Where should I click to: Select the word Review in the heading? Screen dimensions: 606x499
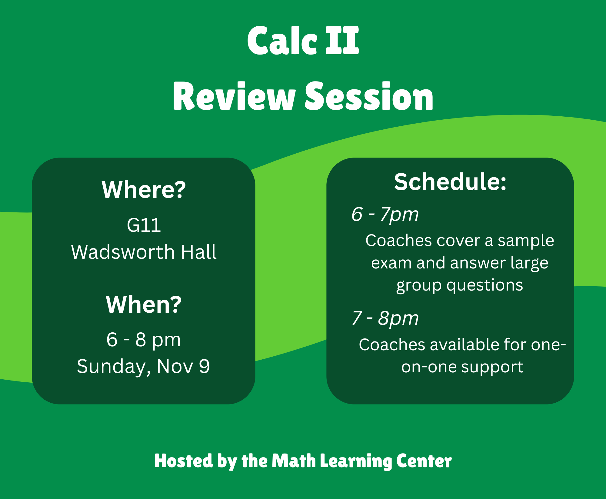(234, 96)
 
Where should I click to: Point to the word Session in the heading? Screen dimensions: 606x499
(369, 96)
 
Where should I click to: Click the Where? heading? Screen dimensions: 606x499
(144, 190)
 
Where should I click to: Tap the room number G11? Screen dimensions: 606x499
(144, 225)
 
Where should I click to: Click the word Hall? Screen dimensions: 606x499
(199, 252)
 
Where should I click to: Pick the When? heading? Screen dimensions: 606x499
(144, 304)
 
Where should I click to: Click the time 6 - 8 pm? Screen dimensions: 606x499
(144, 340)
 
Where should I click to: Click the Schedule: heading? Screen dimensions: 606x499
(450, 182)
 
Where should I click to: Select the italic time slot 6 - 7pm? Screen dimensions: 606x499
(385, 215)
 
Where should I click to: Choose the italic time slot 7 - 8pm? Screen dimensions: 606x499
(385, 318)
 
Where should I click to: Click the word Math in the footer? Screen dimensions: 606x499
(294, 461)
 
